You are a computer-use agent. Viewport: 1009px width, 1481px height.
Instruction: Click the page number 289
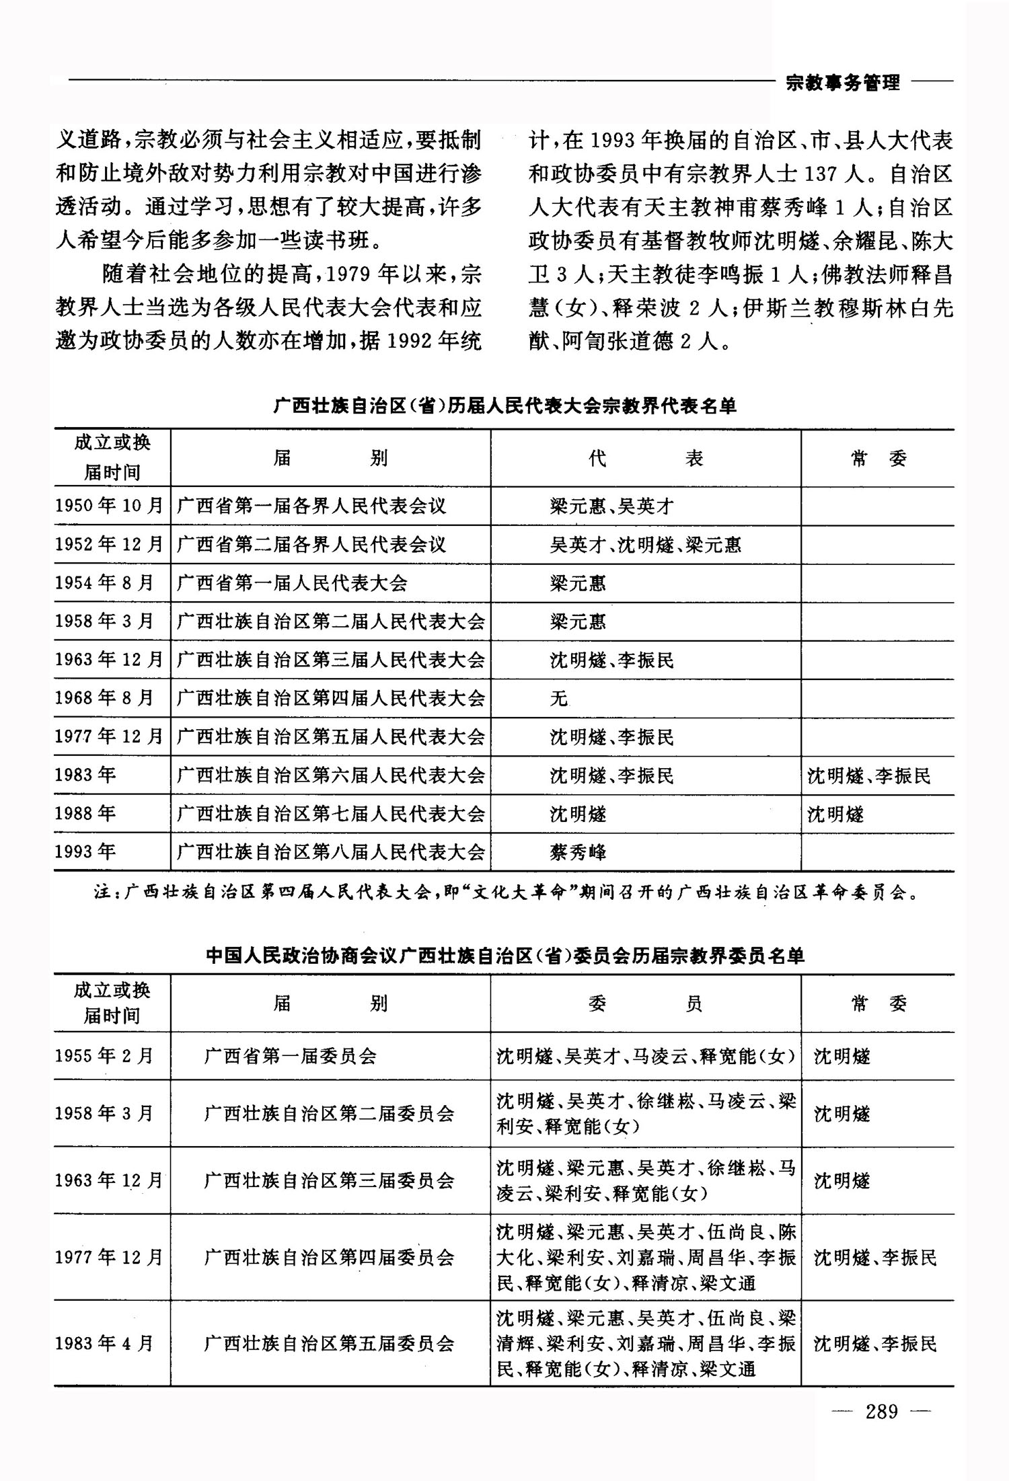click(x=881, y=1410)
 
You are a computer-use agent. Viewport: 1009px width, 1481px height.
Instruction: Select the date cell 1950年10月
click(x=110, y=506)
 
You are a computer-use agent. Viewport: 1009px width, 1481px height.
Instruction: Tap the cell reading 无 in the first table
click(x=559, y=699)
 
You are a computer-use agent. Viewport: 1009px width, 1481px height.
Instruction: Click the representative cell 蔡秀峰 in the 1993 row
click(x=578, y=852)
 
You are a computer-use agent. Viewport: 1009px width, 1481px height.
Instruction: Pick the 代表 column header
click(x=645, y=459)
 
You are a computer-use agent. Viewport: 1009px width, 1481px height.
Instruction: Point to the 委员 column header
click(x=645, y=1003)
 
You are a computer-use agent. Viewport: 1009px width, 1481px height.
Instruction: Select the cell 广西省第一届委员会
click(x=291, y=1055)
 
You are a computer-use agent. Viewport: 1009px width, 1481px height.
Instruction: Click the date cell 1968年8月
click(x=105, y=698)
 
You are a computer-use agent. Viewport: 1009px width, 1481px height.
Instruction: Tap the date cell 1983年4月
click(x=105, y=1344)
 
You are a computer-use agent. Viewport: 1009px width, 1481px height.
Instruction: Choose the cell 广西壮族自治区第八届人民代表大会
click(x=330, y=852)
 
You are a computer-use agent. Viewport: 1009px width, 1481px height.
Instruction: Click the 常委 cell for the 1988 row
click(x=836, y=814)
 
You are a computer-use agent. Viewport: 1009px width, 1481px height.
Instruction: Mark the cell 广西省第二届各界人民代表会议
click(x=311, y=544)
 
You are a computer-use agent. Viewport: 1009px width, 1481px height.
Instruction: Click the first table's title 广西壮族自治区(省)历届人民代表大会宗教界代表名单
click(x=504, y=406)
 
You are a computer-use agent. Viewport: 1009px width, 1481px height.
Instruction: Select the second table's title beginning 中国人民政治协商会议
click(x=504, y=956)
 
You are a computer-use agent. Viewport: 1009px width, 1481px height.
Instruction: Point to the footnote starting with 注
click(x=504, y=893)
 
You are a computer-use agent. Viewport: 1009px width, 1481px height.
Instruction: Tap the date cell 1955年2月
click(x=105, y=1055)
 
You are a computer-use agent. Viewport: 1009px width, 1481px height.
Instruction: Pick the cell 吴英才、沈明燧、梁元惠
click(x=646, y=544)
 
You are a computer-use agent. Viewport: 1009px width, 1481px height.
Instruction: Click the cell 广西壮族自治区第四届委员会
click(x=330, y=1257)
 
